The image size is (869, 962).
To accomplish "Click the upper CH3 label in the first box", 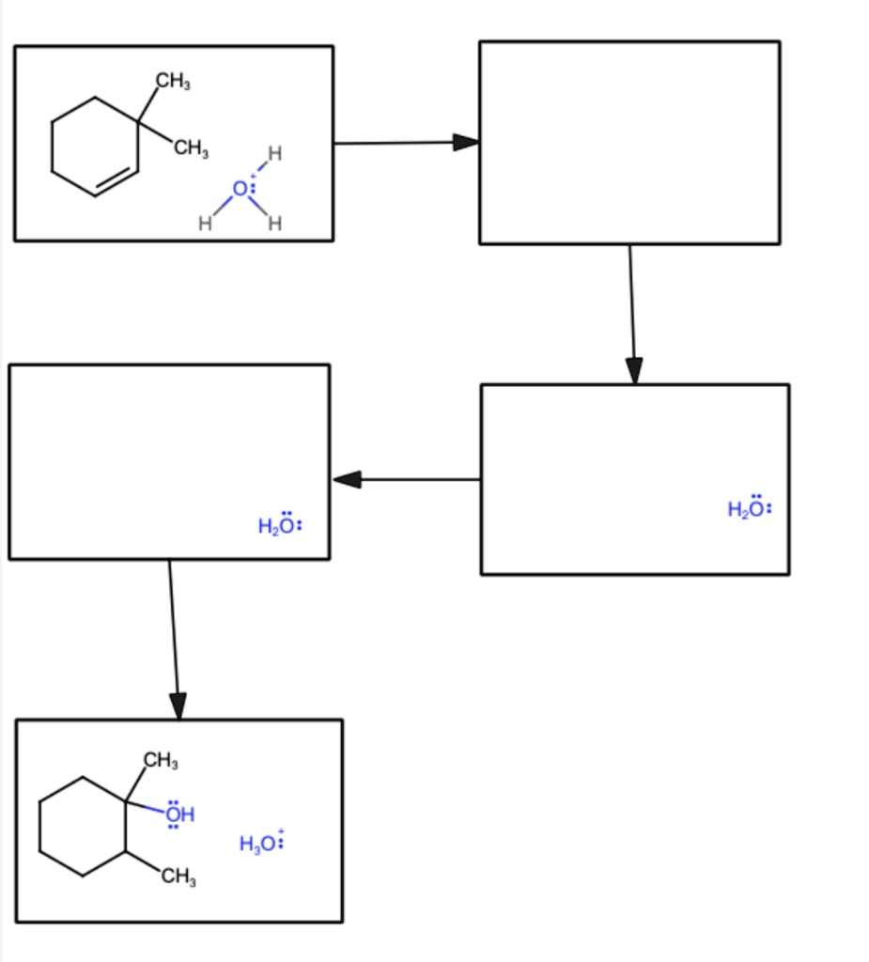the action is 173,81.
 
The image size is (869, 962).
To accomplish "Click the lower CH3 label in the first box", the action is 191,147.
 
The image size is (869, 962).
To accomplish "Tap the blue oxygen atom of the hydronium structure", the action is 240,189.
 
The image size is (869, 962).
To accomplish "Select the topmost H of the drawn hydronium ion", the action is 275,153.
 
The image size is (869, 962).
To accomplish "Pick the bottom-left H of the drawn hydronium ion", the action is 205,224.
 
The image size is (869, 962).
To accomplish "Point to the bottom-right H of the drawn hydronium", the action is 275,224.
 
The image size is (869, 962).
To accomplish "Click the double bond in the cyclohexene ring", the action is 116,179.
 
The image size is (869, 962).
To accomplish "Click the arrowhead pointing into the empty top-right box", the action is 466,143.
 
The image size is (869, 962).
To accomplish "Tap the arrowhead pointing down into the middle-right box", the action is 634,371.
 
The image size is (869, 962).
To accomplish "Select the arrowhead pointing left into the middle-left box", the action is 347,479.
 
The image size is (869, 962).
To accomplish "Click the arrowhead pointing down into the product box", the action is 178,706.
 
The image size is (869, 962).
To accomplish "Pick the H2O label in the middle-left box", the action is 280,524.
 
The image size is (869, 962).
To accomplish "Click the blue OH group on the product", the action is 179,815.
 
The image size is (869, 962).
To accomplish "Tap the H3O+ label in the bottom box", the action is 262,842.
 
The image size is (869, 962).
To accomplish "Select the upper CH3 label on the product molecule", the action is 161,760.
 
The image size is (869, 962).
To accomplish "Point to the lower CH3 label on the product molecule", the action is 178,877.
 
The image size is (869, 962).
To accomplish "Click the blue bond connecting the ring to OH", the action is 146,807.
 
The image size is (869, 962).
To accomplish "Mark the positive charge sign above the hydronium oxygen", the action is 253,176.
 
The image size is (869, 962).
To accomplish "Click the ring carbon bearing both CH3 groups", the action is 138,123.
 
